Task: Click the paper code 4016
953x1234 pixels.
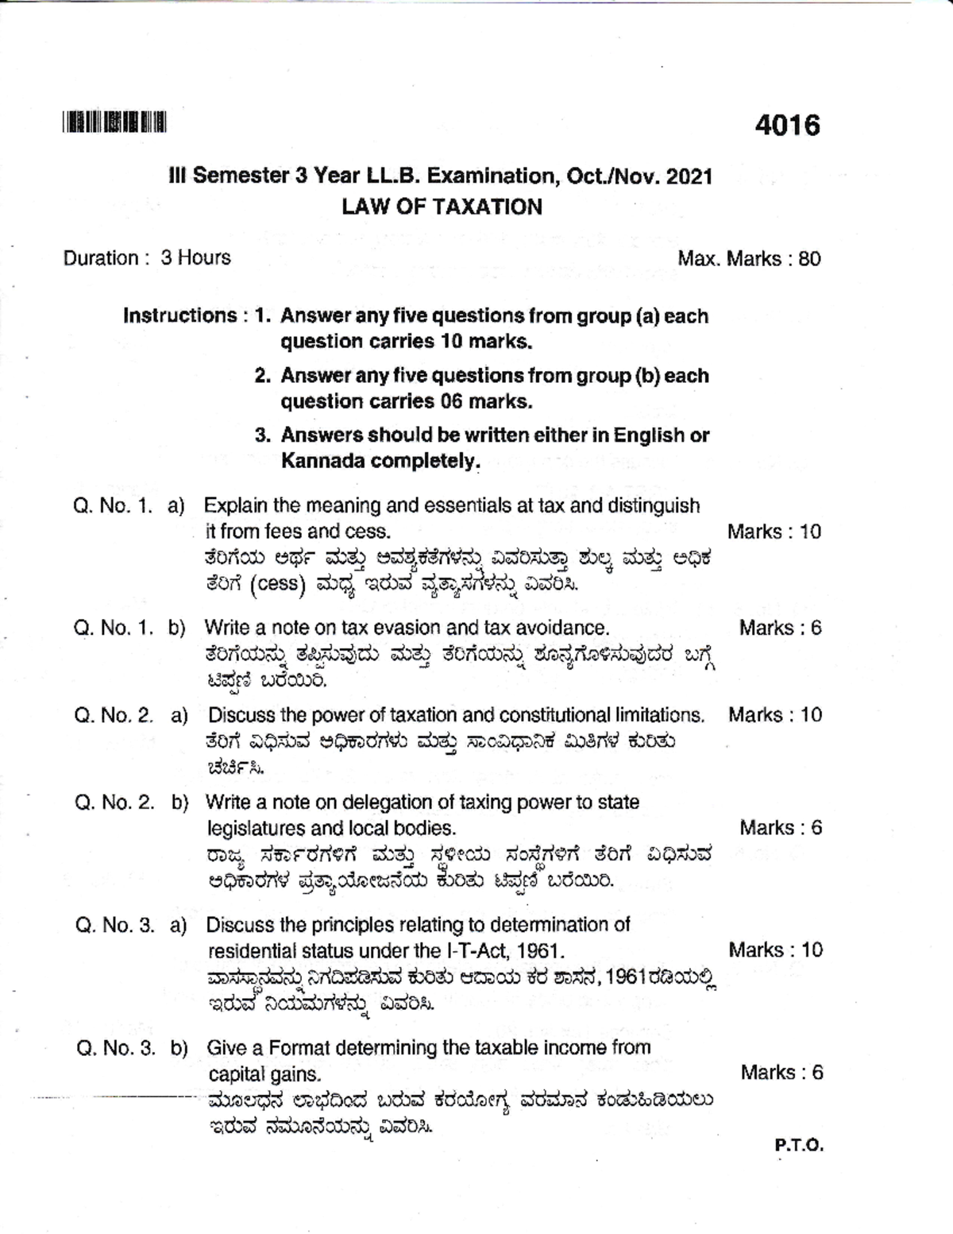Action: (x=787, y=126)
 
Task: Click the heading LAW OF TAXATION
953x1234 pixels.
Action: (x=442, y=207)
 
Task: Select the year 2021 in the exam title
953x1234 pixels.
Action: (x=689, y=176)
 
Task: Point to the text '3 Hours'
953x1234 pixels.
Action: (x=195, y=257)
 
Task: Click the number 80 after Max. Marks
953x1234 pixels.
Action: (x=809, y=258)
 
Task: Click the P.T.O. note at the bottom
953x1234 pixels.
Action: (x=799, y=1146)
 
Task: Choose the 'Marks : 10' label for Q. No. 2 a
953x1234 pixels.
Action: (x=775, y=715)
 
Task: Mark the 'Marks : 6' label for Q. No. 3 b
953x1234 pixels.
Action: (x=781, y=1073)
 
